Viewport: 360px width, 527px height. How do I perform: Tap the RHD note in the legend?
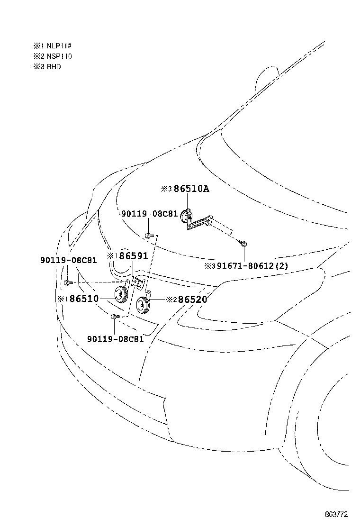coord(53,67)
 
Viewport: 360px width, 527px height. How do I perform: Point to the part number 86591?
coord(133,256)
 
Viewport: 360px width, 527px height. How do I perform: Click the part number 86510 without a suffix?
coord(85,299)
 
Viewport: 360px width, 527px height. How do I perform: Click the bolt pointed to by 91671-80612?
coord(243,244)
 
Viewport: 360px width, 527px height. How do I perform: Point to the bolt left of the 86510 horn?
coord(67,282)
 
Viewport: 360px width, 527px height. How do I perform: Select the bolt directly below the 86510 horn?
coord(114,316)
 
